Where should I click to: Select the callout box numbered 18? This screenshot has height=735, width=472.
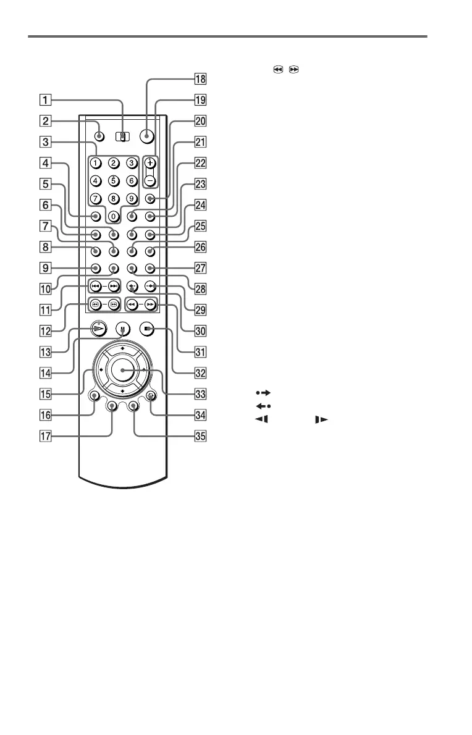tap(199, 78)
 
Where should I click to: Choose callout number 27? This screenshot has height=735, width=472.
tap(199, 269)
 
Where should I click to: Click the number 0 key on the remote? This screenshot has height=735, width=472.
tap(113, 217)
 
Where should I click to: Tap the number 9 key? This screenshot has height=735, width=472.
tap(131, 199)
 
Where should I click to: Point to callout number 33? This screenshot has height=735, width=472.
tap(199, 394)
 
